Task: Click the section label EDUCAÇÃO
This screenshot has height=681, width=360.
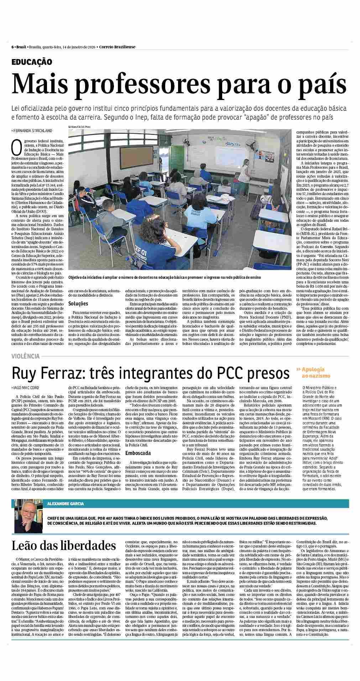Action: (x=32, y=62)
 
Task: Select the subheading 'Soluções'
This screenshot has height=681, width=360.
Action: (x=78, y=304)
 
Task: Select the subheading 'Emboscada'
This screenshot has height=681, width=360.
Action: (x=138, y=453)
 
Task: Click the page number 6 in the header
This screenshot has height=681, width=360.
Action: (x=12, y=47)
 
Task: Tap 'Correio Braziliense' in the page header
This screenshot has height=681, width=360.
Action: (x=117, y=47)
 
